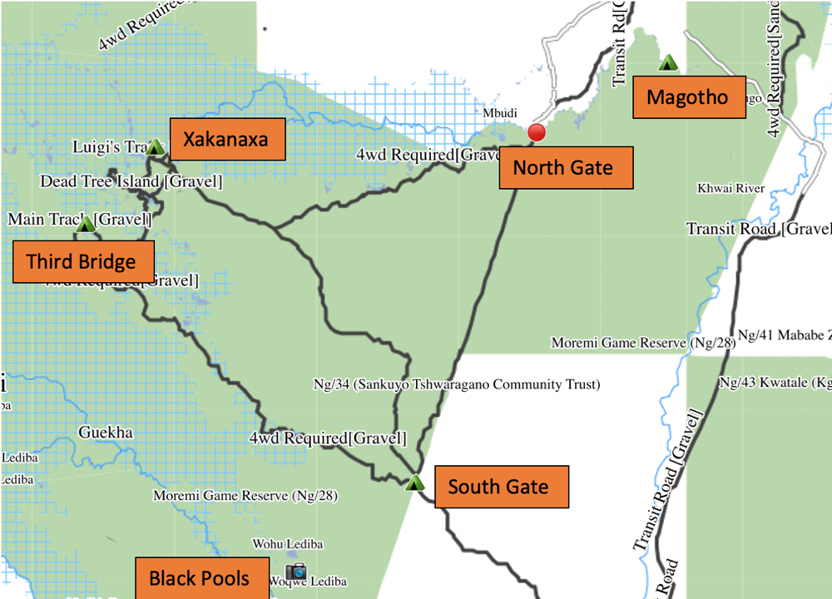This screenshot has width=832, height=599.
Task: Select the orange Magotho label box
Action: coord(686,97)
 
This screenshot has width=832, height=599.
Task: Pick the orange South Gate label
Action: coord(498,487)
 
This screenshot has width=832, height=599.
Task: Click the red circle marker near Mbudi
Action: coord(537,132)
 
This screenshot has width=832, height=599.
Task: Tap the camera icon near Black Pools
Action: coord(295,572)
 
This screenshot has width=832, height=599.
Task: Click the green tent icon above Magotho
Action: coord(667,62)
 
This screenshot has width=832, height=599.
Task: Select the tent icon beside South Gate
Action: coord(414,482)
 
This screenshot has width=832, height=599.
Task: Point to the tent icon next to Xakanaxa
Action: coord(155,146)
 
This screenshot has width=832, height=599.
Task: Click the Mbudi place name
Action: coord(500,113)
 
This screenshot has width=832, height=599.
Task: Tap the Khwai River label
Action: coord(730,189)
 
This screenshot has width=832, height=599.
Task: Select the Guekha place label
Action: coord(106,433)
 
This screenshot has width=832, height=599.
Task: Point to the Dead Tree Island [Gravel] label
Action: coord(131,181)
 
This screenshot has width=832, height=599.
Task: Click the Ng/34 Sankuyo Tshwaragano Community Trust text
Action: coord(456,385)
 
